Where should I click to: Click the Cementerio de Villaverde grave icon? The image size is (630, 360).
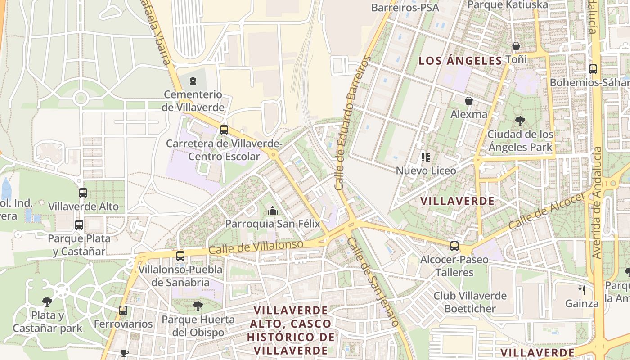pyautogui.click(x=193, y=81)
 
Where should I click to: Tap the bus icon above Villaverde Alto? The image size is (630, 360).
pyautogui.click(x=83, y=193)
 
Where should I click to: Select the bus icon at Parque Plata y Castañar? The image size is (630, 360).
pyautogui.click(x=79, y=225)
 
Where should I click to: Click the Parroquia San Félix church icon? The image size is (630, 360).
pyautogui.click(x=272, y=210)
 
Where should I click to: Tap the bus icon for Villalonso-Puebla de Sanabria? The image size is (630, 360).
pyautogui.click(x=180, y=256)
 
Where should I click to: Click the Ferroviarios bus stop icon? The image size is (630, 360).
pyautogui.click(x=123, y=310)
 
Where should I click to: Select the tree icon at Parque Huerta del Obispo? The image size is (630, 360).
pyautogui.click(x=198, y=306)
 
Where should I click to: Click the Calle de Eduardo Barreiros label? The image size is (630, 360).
pyautogui.click(x=351, y=122)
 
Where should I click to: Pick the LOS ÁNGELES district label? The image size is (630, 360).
pyautogui.click(x=460, y=61)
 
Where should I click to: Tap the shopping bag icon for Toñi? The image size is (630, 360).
pyautogui.click(x=516, y=46)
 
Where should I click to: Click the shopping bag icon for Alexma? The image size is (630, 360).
pyautogui.click(x=468, y=101)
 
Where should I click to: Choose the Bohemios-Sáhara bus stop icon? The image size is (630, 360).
pyautogui.click(x=593, y=69)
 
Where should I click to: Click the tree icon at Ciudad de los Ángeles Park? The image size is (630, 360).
pyautogui.click(x=520, y=121)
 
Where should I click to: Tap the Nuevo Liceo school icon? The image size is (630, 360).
pyautogui.click(x=426, y=157)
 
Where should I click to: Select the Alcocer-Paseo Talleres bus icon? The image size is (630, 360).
pyautogui.click(x=454, y=246)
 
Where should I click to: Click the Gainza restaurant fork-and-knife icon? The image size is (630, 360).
pyautogui.click(x=582, y=290)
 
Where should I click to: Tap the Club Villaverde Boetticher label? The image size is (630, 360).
pyautogui.click(x=470, y=302)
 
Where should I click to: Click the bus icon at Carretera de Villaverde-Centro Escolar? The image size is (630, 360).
pyautogui.click(x=224, y=130)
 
